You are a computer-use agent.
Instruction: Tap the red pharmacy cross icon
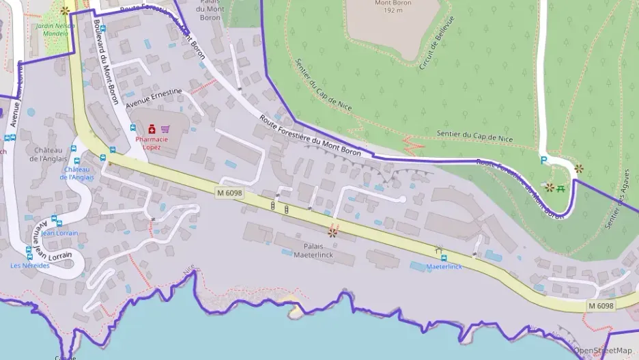click(x=151, y=128)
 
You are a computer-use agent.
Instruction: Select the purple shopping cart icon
click(x=165, y=128)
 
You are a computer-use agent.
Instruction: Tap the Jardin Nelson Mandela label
click(x=55, y=29)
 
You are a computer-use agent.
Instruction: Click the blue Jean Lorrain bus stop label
click(x=59, y=233)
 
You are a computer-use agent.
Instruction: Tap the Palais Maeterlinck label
click(x=312, y=250)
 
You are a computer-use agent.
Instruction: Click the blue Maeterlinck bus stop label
click(x=444, y=266)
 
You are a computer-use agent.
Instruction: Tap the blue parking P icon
click(x=543, y=161)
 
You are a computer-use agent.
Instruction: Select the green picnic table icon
click(x=561, y=187)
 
